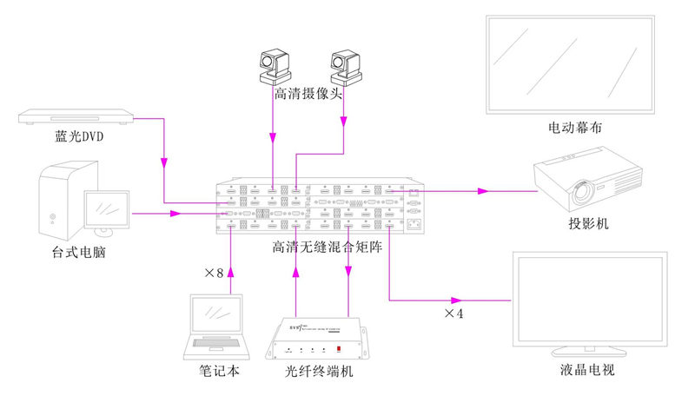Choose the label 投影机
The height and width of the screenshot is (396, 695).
589,224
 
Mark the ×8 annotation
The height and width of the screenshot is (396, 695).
214,273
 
